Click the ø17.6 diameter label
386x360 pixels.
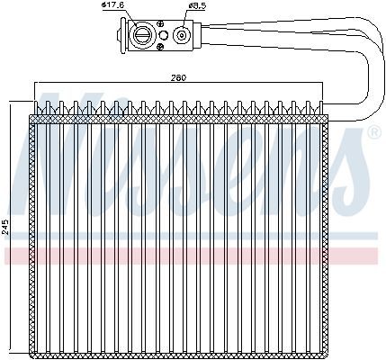pos(112,5)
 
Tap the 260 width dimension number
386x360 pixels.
pos(179,77)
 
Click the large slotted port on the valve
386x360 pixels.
pos(141,35)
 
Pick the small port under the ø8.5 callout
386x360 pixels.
pos(182,35)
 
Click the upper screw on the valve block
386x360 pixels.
pos(161,24)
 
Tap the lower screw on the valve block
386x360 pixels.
pos(161,46)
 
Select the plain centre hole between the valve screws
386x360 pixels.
pos(163,35)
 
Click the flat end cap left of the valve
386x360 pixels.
pos(123,36)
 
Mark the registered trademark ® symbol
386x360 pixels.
pos(374,133)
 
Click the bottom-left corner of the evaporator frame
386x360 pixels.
pos(29,358)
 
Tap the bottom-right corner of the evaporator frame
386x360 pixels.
pos(328,358)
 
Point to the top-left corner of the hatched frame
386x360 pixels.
pos(29,115)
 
